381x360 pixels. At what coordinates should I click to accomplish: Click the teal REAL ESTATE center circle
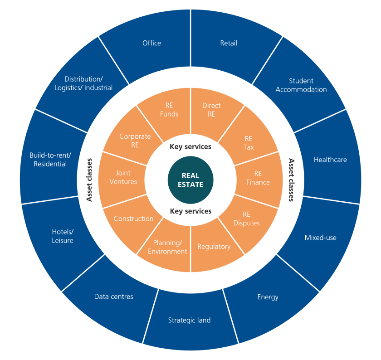tap(190, 180)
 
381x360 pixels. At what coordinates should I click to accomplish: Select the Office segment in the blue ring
tap(151, 43)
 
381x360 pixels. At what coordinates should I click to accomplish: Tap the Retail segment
tap(229, 43)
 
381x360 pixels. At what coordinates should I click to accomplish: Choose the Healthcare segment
tap(330, 160)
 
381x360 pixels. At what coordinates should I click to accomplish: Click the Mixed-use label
tap(320, 238)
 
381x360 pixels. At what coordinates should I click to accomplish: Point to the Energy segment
tap(268, 297)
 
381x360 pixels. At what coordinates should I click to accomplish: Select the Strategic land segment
tap(189, 320)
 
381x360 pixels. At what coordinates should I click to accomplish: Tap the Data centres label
tap(114, 297)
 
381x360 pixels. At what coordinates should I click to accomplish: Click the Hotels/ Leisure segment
tap(63, 236)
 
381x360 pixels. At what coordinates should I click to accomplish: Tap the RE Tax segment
tap(249, 143)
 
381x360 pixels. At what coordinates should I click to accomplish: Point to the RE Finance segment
tap(258, 178)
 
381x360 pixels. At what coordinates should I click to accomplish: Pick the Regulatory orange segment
tap(214, 247)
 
